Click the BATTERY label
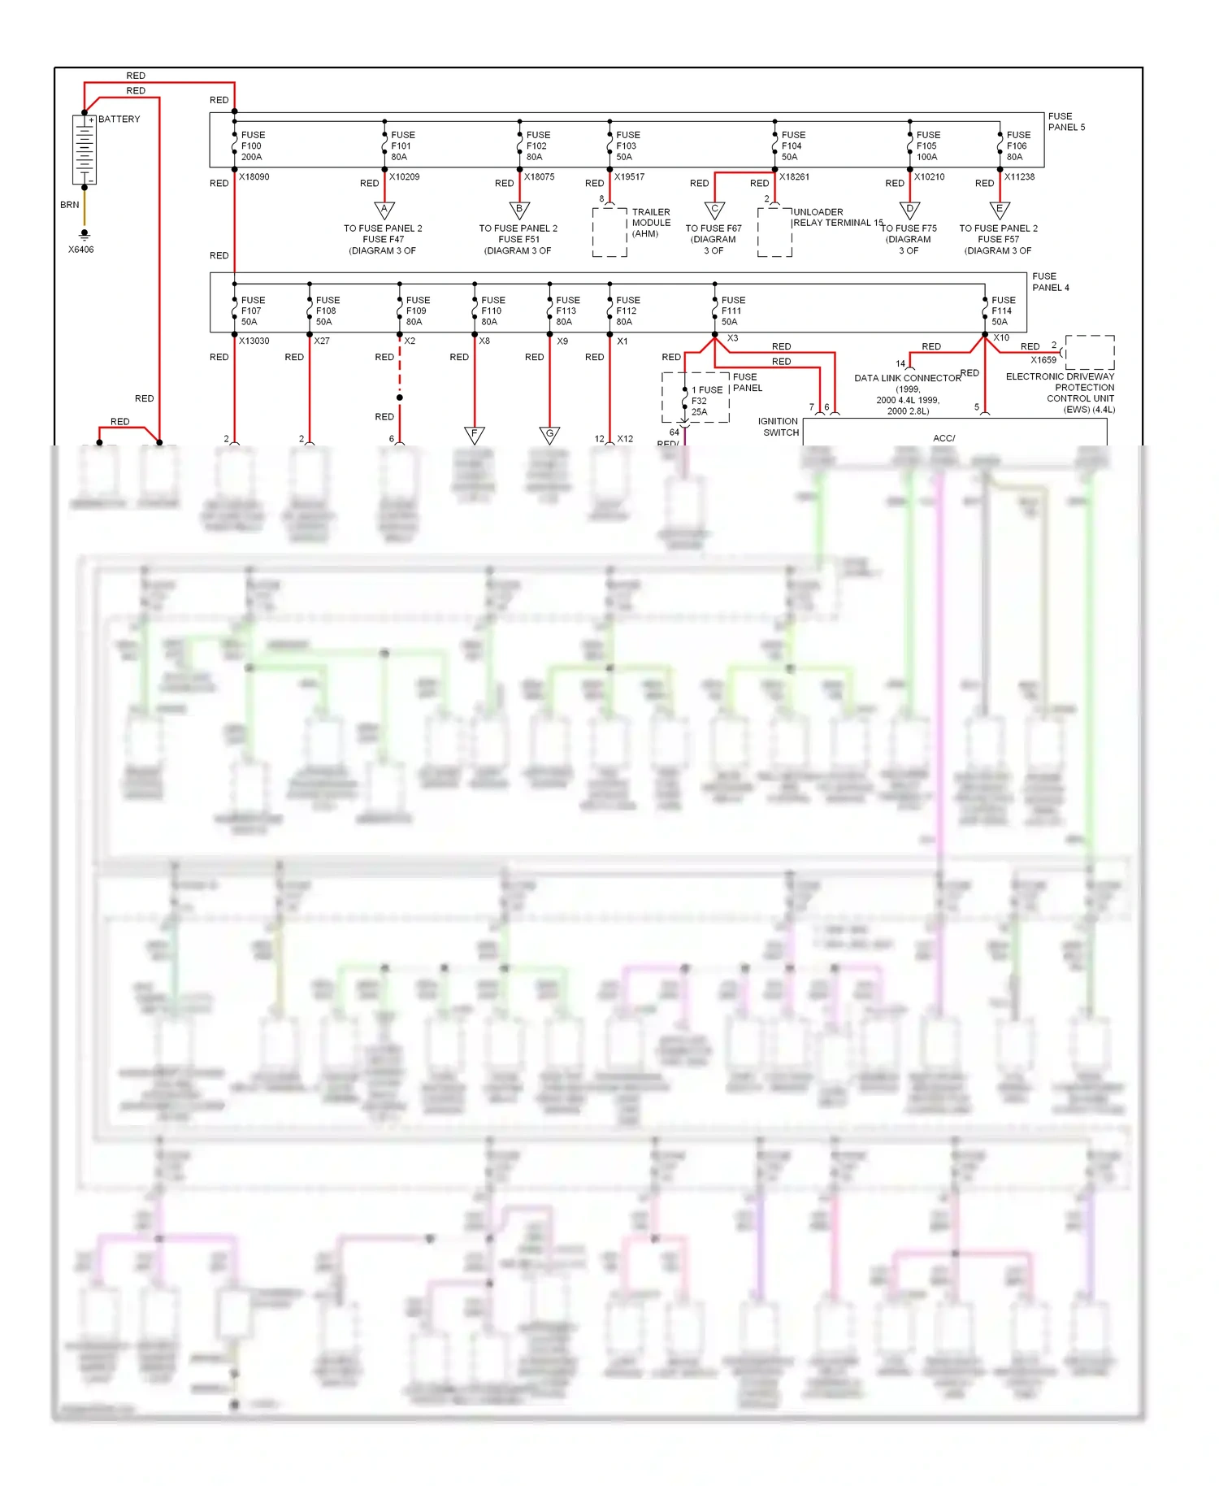tap(119, 119)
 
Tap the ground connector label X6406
tap(80, 250)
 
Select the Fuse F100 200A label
tap(253, 146)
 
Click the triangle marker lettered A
tap(384, 210)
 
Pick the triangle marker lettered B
tap(519, 210)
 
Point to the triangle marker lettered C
tap(714, 210)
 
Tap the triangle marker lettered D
tap(910, 210)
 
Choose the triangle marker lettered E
tap(1000, 210)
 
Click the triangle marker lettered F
tap(475, 434)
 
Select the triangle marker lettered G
tap(549, 434)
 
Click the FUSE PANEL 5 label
tap(1066, 122)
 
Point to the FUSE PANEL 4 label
tap(1051, 282)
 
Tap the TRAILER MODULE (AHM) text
tap(651, 223)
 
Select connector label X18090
tap(254, 176)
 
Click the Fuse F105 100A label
tap(928, 146)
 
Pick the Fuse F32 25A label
tap(704, 401)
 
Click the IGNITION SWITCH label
tap(779, 427)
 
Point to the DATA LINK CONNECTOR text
tap(907, 378)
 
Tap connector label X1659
tap(1043, 359)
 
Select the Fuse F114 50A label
tap(1003, 311)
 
